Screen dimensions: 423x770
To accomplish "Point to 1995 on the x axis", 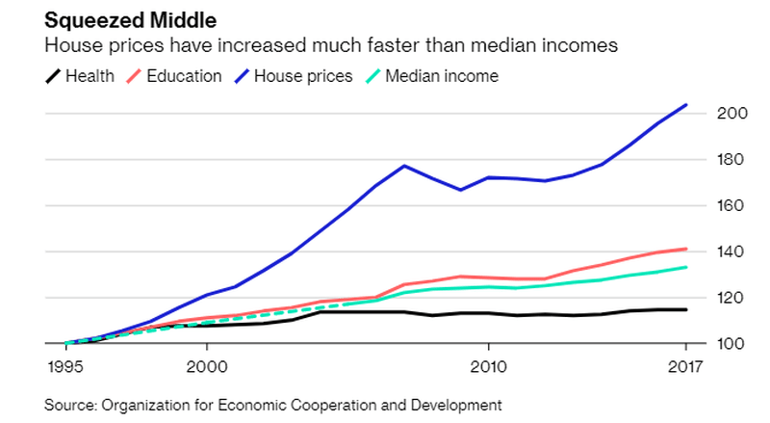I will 67,366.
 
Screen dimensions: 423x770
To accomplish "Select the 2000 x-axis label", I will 207,366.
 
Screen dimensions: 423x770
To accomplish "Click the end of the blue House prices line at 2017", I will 685,104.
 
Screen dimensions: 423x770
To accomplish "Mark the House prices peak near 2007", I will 404,166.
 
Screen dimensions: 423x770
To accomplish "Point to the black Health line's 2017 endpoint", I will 685,309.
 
